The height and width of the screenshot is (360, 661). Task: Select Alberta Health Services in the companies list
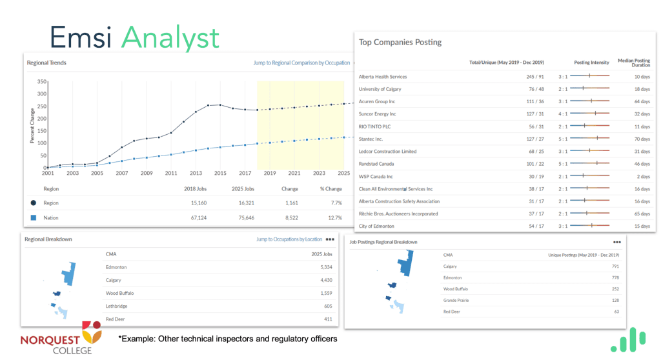click(383, 77)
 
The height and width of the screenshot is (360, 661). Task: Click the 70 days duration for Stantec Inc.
click(642, 139)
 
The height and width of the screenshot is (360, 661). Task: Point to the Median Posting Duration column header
click(633, 63)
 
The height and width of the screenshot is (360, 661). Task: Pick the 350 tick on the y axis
click(42, 82)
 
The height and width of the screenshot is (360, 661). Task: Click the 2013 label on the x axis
click(196, 174)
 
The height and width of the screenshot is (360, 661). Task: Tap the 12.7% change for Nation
click(332, 218)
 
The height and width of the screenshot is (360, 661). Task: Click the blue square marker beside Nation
click(33, 218)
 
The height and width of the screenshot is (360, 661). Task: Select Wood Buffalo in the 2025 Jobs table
click(119, 293)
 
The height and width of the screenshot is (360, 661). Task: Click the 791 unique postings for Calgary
click(614, 266)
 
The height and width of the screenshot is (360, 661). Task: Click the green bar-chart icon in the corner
click(628, 341)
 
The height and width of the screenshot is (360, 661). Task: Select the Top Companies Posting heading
click(400, 43)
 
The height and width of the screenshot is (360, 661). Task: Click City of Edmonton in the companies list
click(376, 226)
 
